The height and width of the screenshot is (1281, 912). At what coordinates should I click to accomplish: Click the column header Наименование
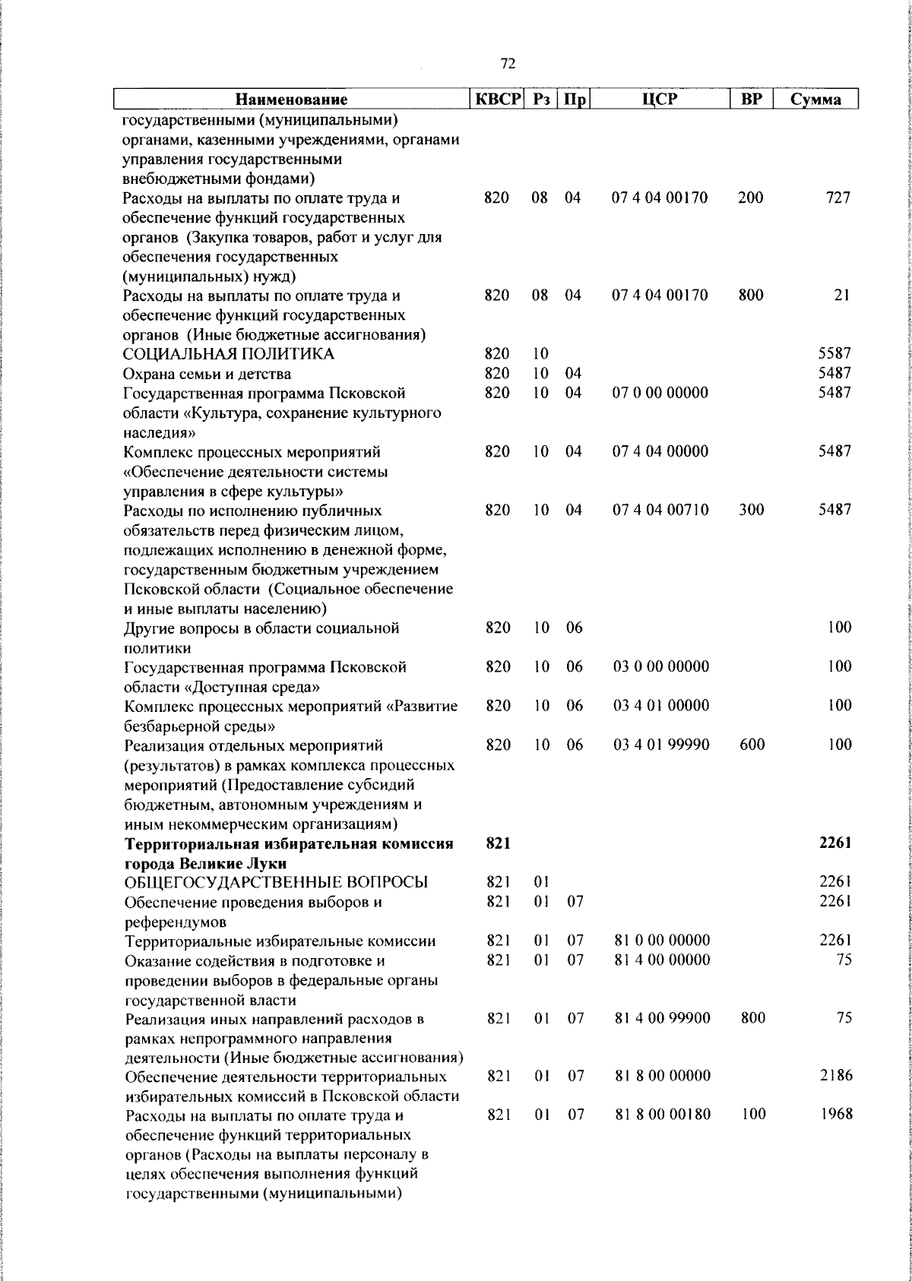point(291,100)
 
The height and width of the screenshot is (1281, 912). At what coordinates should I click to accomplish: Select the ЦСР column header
point(660,100)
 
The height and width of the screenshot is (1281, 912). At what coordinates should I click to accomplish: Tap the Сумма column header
point(815,100)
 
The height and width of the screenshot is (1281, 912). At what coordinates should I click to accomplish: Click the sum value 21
point(841,296)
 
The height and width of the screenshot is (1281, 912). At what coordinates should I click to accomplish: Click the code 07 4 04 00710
point(660,510)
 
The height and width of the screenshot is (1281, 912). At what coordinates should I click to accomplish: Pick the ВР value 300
point(751,510)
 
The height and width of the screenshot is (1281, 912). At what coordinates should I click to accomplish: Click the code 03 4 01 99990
point(660,745)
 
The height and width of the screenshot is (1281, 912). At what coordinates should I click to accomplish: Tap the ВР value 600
point(752,745)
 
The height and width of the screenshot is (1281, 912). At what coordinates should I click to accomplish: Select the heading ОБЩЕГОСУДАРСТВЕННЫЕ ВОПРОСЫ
point(276,882)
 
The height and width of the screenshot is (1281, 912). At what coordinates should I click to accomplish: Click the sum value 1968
point(835,1115)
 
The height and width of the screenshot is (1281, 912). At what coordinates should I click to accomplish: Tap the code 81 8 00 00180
point(662,1115)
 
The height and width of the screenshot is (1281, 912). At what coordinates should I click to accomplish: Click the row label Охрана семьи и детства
point(207,374)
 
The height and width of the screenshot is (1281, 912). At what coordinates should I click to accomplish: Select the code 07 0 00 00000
point(660,393)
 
